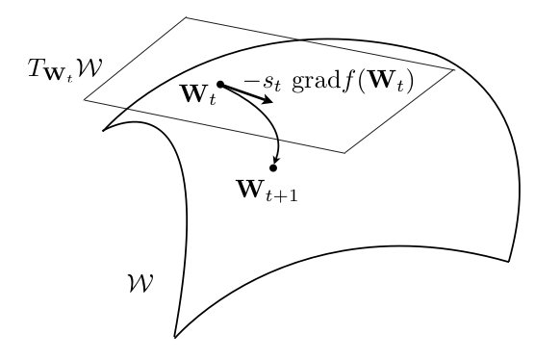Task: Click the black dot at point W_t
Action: (x=220, y=85)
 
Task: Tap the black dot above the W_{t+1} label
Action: (x=273, y=167)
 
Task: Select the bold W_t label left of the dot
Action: (x=197, y=95)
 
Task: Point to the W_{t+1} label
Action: (x=267, y=189)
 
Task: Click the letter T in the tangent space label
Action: (x=37, y=69)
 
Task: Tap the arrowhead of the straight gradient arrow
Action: (x=268, y=99)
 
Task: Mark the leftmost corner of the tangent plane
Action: (x=85, y=99)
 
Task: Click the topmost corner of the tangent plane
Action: (x=186, y=17)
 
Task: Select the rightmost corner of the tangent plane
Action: (x=454, y=70)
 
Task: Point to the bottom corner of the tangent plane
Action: (x=344, y=152)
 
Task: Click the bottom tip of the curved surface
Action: (x=175, y=338)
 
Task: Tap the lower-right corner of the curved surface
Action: (x=509, y=261)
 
